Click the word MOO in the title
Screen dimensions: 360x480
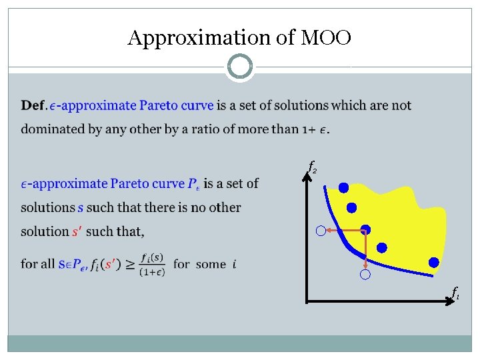pos(325,39)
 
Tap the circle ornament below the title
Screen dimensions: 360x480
pos(240,67)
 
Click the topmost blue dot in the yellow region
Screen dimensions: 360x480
pos(343,188)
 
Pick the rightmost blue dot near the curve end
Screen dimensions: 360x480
pos(434,263)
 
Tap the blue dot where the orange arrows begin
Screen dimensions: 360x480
pos(366,229)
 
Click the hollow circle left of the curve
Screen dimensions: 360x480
pos(321,231)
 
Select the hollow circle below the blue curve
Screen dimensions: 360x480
pos(365,275)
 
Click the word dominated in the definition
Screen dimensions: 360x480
pos(50,129)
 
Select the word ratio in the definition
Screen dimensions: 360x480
pos(205,129)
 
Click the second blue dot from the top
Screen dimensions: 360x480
pos(351,207)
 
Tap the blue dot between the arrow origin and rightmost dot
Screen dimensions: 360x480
pos(382,248)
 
